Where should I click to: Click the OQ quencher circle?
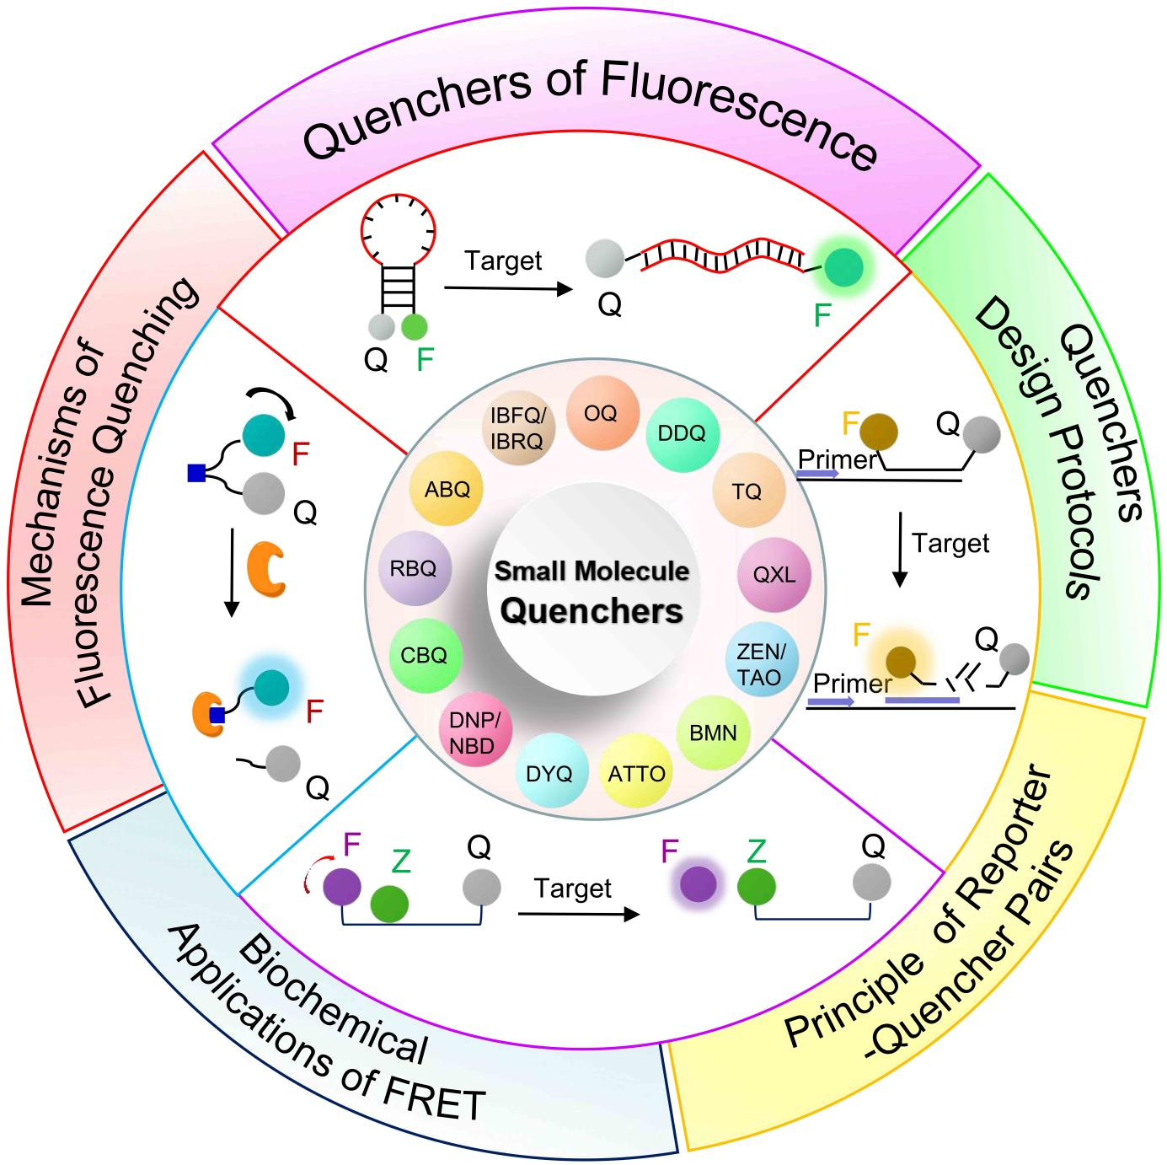click(601, 414)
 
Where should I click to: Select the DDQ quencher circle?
click(682, 433)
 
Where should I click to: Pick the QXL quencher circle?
click(774, 575)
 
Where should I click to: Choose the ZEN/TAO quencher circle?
click(759, 663)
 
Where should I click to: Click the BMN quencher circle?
click(713, 733)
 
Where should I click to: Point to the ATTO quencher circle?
click(636, 773)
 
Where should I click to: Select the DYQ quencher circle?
click(549, 773)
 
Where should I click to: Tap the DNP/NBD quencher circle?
click(474, 732)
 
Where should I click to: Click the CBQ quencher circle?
click(424, 656)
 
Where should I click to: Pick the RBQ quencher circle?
click(413, 569)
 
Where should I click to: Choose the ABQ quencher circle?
click(447, 489)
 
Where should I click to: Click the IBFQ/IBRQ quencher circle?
click(517, 428)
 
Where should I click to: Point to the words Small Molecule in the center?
click(592, 571)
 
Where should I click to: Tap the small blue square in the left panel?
click(196, 474)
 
